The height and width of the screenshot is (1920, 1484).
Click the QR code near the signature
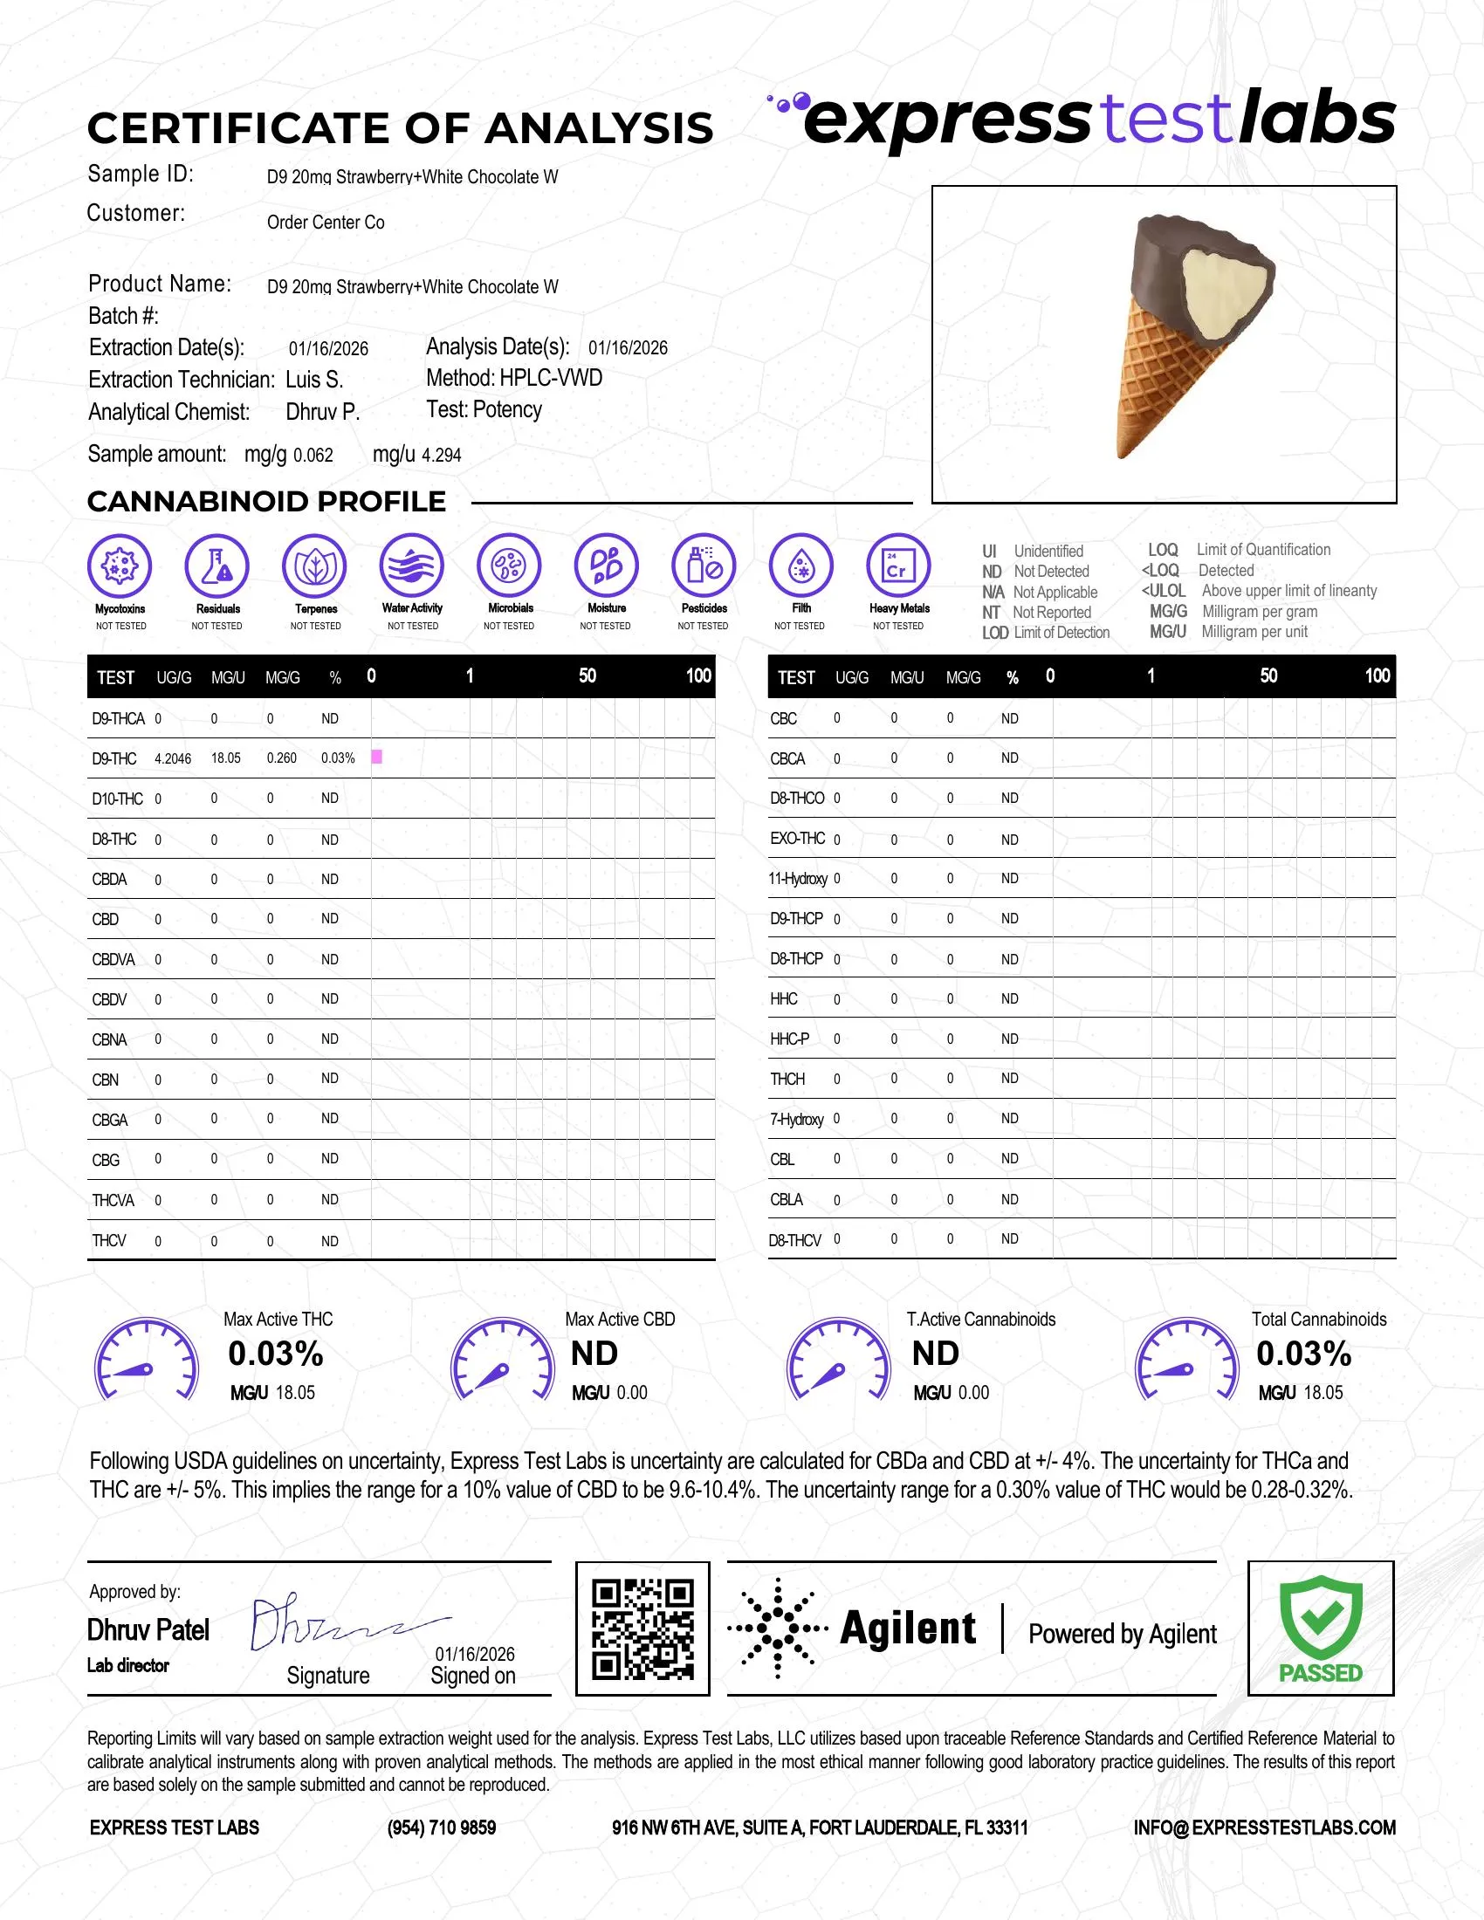click(642, 1629)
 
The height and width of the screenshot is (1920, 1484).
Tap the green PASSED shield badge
click(1321, 1627)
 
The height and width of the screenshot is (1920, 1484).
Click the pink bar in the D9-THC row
click(376, 757)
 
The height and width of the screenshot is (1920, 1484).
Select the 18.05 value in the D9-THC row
click(226, 758)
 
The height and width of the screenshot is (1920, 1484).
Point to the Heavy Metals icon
click(897, 566)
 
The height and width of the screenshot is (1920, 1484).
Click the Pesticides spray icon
click(704, 566)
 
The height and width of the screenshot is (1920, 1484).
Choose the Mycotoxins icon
click(120, 566)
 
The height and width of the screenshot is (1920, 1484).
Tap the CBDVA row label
click(113, 959)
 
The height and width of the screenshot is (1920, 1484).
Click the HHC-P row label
click(789, 1039)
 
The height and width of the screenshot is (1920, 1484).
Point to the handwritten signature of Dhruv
click(343, 1625)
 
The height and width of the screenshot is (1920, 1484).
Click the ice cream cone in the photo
click(1187, 334)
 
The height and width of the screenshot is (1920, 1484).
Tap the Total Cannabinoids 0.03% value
click(1303, 1354)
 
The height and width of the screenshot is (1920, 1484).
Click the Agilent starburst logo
click(778, 1629)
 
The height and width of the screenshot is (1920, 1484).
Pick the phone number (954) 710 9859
click(442, 1827)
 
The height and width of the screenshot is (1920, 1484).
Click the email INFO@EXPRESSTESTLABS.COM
click(1264, 1827)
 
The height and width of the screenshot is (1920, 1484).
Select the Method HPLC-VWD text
click(514, 378)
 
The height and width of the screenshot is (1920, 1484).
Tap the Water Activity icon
click(412, 566)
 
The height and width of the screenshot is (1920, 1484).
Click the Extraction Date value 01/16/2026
click(329, 349)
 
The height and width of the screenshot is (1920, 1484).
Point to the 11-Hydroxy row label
click(798, 878)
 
